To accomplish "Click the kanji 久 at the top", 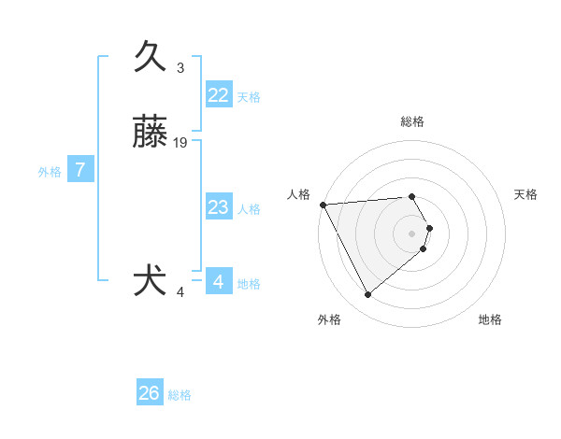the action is click(151, 57).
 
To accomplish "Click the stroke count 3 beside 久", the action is click(180, 68).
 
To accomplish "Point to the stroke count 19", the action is click(180, 143).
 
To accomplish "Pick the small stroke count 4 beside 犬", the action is click(180, 292).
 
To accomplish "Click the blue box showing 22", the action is click(218, 95).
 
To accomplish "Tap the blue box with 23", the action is click(218, 207).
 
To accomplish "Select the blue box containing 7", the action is click(80, 170).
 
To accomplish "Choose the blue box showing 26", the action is click(150, 393).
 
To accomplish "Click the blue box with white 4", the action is click(218, 281).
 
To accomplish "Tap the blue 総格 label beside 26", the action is click(180, 395).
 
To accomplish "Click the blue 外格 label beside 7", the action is click(50, 172).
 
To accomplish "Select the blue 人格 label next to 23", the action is click(249, 209).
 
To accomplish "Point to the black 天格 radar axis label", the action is click(525, 194).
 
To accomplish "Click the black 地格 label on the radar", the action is click(490, 319).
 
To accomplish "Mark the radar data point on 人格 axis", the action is click(323, 204).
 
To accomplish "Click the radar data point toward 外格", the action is click(367, 295).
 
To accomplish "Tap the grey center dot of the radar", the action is click(412, 233).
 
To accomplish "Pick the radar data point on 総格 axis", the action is click(412, 197).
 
